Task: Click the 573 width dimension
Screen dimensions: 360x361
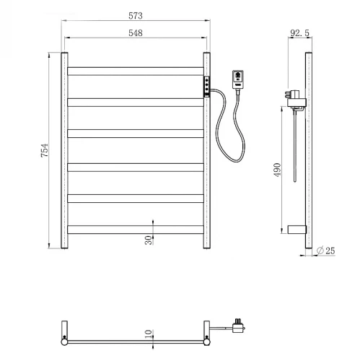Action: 136,16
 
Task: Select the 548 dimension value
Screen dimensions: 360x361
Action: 136,32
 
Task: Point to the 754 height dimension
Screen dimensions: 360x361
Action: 45,150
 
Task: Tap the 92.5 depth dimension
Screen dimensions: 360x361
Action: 299,32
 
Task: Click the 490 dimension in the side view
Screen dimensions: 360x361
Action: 277,170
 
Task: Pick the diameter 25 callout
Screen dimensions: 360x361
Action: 325,251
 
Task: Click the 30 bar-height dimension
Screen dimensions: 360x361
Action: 149,240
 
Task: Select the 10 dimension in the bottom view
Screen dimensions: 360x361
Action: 149,334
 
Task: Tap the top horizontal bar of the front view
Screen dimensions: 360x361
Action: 136,71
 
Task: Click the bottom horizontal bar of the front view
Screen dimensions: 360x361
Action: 136,230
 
